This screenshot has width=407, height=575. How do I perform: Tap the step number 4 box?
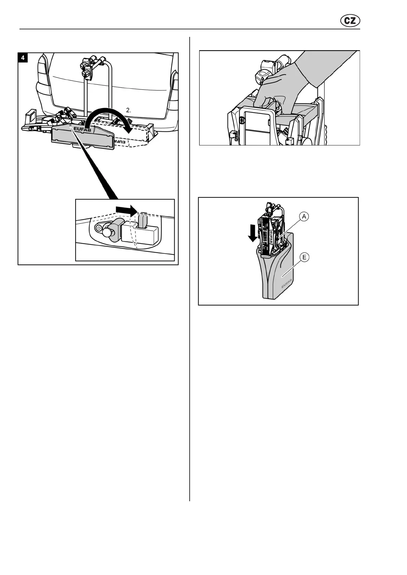tap(23, 58)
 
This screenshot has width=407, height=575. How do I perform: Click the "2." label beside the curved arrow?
tap(128, 110)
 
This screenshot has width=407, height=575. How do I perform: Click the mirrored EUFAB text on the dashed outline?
tap(122, 141)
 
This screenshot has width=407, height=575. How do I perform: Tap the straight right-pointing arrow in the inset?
tap(126, 210)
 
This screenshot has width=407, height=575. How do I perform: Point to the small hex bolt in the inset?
tap(98, 226)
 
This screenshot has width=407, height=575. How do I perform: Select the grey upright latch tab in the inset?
tap(143, 220)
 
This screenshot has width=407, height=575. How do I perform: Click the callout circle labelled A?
tap(304, 216)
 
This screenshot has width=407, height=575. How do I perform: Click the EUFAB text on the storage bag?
tap(286, 283)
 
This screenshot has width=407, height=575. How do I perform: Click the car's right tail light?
tap(175, 85)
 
